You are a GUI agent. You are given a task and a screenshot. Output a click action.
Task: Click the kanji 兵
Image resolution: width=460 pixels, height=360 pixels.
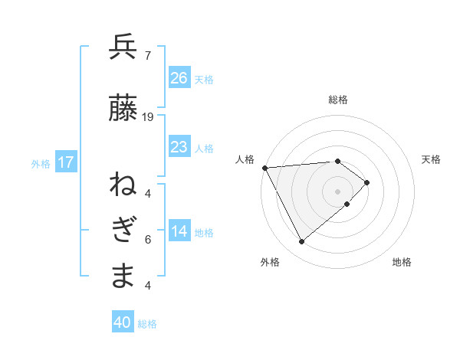coord(123,48)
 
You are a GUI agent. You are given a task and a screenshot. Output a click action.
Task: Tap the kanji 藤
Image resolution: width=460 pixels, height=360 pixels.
coord(123,110)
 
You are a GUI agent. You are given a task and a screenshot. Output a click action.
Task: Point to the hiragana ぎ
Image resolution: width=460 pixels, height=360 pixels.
coord(123,231)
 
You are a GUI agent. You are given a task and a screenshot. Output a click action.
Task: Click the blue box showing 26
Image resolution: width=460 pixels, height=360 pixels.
coord(179,77)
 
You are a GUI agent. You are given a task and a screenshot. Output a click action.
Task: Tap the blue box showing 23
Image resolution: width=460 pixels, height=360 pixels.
coord(179,146)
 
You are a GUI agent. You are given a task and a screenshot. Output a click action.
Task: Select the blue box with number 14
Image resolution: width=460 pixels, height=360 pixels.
coord(179,231)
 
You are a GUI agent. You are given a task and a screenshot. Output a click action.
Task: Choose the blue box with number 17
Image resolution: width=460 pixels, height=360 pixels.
coord(65,162)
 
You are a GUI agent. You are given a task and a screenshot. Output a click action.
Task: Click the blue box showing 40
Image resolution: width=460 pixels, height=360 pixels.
coord(123,322)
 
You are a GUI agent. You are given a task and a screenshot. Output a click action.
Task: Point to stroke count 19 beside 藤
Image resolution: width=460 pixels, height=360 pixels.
coord(148,117)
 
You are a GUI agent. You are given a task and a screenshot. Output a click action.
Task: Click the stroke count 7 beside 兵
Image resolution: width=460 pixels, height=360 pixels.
coord(147,55)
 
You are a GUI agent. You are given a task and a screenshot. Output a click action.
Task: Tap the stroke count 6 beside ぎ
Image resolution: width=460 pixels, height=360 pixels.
coord(148,240)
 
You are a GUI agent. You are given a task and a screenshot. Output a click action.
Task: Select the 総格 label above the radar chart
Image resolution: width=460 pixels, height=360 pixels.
coord(337,100)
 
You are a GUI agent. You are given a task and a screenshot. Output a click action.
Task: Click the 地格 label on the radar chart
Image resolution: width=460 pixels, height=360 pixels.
coord(402,262)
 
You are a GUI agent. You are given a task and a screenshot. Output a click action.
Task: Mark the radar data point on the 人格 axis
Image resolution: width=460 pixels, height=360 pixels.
coord(264,167)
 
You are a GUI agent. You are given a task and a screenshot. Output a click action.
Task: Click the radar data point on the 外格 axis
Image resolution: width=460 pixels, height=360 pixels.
coord(301,242)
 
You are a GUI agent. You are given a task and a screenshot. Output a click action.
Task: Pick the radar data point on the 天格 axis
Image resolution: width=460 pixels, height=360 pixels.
coord(367,182)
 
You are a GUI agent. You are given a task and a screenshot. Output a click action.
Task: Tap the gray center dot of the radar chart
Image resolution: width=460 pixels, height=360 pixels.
coord(337,191)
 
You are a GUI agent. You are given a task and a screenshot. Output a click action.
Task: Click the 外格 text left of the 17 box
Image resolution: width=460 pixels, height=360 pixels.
coord(41,163)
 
